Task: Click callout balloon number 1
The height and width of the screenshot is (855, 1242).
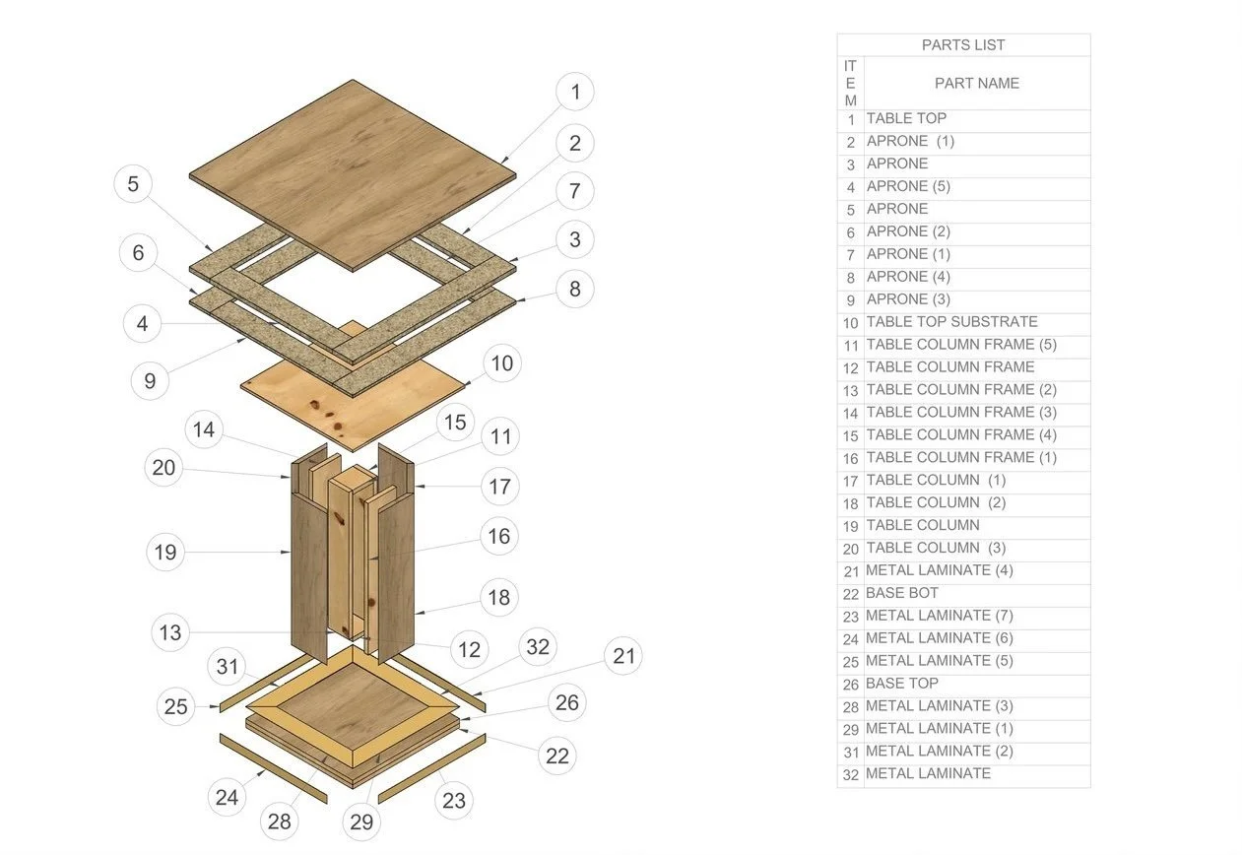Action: (x=575, y=93)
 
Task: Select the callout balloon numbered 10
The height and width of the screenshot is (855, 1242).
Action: (x=501, y=363)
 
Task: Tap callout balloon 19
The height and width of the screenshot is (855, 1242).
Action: (x=165, y=553)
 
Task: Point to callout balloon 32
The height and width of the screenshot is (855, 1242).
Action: (x=537, y=647)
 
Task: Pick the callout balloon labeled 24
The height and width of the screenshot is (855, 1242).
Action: (x=228, y=797)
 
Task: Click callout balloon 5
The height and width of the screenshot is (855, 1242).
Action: (x=133, y=184)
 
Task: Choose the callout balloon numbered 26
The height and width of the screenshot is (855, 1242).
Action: (x=567, y=702)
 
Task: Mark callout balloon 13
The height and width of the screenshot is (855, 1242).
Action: (x=170, y=632)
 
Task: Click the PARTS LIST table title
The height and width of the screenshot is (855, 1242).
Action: (x=962, y=45)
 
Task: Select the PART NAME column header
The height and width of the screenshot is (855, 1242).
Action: (x=976, y=84)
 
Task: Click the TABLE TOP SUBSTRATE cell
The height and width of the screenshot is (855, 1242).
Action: (x=951, y=322)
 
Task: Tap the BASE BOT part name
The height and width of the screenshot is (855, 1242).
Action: (x=901, y=594)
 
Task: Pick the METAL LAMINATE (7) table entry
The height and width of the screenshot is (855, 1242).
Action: (x=939, y=617)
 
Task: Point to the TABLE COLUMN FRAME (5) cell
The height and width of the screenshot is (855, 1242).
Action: (x=961, y=345)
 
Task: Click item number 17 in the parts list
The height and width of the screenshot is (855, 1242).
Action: (x=850, y=482)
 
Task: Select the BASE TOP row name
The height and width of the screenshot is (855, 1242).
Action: (x=901, y=684)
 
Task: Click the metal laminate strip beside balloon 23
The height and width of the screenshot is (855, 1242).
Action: (x=431, y=768)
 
